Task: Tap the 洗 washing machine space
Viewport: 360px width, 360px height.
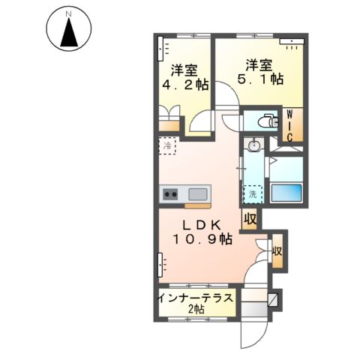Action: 254,193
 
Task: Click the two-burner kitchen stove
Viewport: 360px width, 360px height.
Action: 170,195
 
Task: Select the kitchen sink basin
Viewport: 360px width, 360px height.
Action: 197,193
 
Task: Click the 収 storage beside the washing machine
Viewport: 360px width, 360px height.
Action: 250,218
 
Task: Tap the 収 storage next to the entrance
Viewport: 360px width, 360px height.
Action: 277,251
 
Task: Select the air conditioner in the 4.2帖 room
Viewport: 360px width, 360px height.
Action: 162,50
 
